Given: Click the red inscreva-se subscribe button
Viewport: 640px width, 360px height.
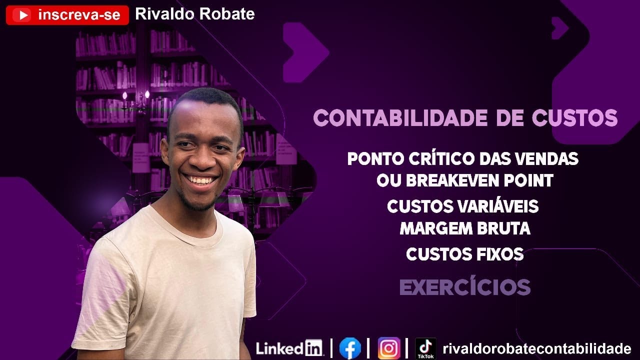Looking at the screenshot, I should tap(67, 15).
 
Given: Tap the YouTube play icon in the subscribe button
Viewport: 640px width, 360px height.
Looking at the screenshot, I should tap(21, 15).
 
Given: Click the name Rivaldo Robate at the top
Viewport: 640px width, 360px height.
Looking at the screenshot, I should tap(195, 14).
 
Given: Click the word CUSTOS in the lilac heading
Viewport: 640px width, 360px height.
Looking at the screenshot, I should tap(574, 118).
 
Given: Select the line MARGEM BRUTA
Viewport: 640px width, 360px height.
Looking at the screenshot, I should tap(465, 228).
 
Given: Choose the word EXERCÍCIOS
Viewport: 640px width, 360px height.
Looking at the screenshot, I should tap(465, 287).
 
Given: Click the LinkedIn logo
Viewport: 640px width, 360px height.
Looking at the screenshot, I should tap(289, 348).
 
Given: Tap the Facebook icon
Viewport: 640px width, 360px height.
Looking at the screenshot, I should tap(350, 348).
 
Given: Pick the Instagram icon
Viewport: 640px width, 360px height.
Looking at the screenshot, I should tap(389, 348).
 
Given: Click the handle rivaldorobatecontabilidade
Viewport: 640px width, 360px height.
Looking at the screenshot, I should tap(536, 348).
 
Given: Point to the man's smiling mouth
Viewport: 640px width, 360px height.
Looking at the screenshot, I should tap(200, 179).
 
